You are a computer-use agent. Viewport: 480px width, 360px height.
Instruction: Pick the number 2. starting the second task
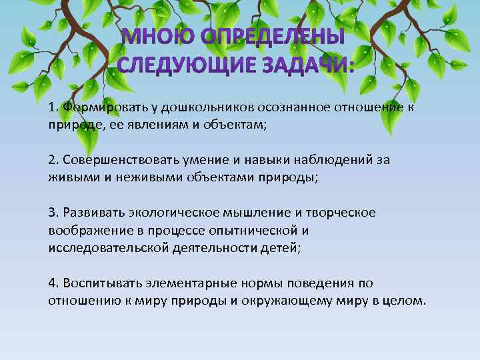(x=54, y=161)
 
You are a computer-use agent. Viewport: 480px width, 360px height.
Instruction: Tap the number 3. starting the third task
(x=54, y=212)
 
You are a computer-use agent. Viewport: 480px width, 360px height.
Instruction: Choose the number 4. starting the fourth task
(x=54, y=283)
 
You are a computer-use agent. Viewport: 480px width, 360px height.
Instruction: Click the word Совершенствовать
(x=114, y=161)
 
